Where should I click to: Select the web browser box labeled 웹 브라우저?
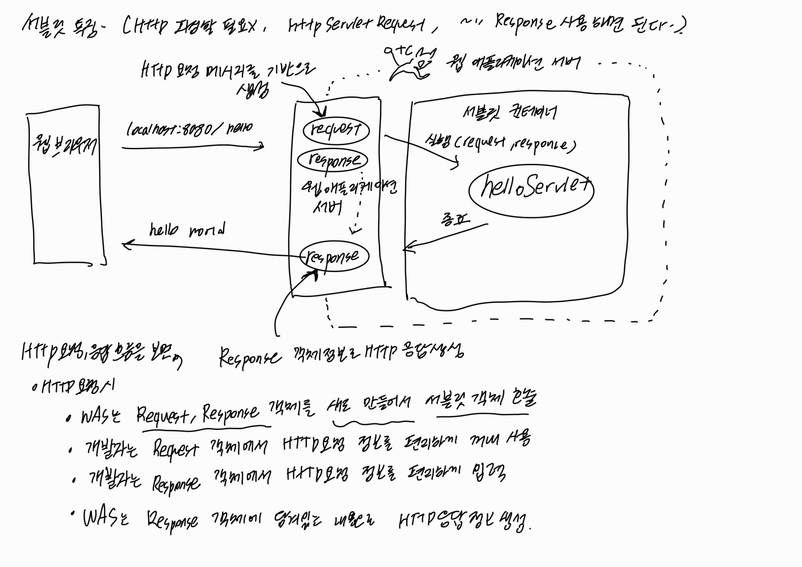coord(66,189)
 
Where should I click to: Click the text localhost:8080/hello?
coord(189,130)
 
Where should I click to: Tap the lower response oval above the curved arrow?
coord(334,256)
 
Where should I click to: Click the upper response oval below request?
coord(333,160)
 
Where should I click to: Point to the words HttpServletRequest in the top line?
coord(356,25)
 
